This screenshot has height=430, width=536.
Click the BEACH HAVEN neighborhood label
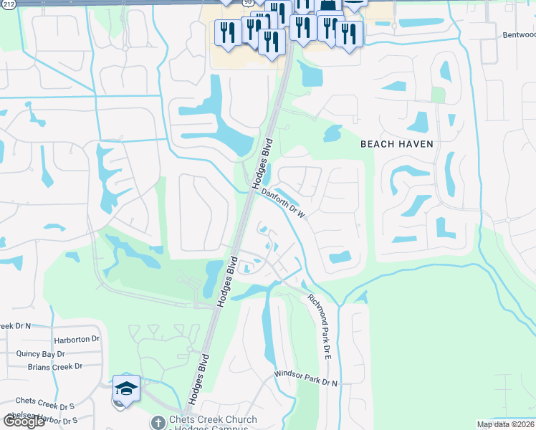click(396, 144)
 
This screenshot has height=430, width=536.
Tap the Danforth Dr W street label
click(283, 203)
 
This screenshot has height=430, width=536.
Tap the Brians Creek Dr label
click(55, 366)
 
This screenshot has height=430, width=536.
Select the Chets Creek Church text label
click(209, 422)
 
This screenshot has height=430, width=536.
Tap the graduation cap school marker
click(126, 389)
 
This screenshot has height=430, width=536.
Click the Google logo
click(23, 421)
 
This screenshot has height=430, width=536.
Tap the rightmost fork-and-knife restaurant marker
click(348, 34)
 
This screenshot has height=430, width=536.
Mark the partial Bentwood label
click(519, 34)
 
